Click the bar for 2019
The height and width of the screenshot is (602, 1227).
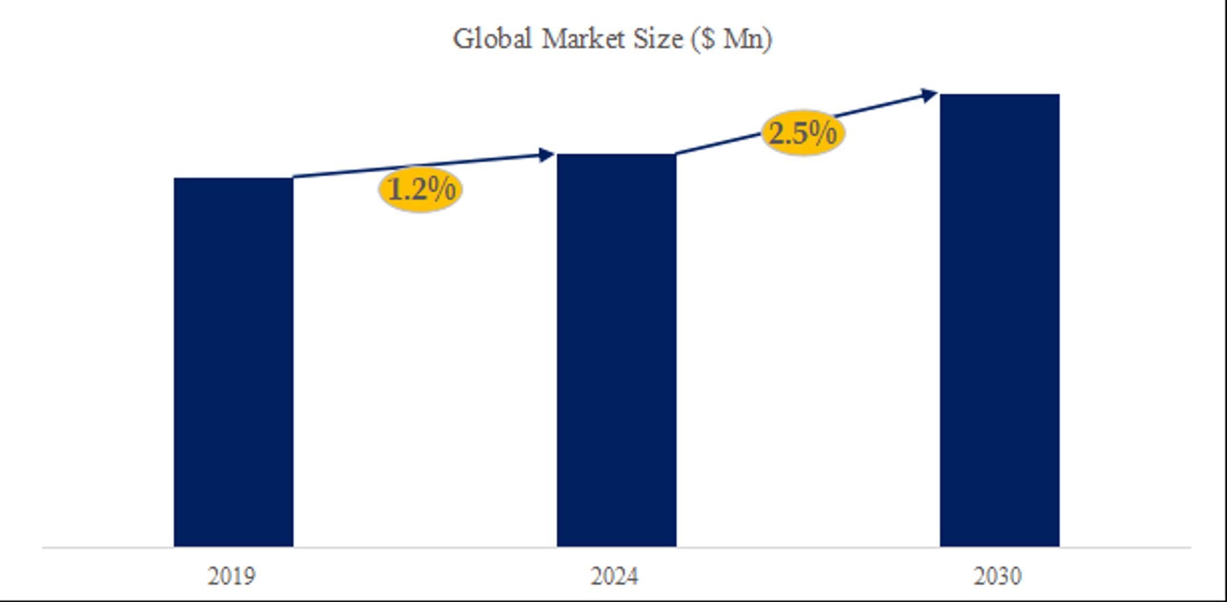233,362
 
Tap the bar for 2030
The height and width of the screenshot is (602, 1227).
999,320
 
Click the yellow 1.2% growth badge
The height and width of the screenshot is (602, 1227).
421,190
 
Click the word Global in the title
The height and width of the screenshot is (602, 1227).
492,39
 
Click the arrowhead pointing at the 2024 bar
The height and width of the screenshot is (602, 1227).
546,155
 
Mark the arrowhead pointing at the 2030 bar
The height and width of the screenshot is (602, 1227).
929,95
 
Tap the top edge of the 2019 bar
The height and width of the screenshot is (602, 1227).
233,179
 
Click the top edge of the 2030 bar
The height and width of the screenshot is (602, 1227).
999,94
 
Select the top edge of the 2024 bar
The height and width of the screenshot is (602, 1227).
616,154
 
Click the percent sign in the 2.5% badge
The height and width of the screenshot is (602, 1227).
824,134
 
